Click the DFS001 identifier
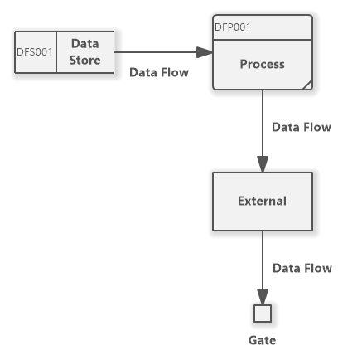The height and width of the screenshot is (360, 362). [x=35, y=52]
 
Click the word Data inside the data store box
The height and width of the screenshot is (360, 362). [x=84, y=44]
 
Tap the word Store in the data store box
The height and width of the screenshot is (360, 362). [x=84, y=61]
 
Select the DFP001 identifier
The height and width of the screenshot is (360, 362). [x=233, y=27]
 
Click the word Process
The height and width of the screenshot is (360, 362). [x=262, y=64]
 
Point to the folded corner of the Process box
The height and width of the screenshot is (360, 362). [x=307, y=84]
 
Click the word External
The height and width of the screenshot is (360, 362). [x=262, y=201]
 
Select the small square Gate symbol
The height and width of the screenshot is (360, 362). [x=263, y=314]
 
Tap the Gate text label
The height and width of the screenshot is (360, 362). [x=262, y=340]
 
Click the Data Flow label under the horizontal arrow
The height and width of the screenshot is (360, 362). [x=159, y=72]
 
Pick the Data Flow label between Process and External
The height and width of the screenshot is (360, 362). [x=302, y=127]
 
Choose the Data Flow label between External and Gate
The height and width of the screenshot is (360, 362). [x=302, y=268]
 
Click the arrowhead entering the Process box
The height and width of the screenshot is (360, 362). [x=205, y=53]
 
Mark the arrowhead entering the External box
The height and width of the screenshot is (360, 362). [x=263, y=164]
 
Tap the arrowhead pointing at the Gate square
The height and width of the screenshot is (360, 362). [x=263, y=298]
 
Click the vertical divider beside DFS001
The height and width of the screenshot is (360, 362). [x=56, y=52]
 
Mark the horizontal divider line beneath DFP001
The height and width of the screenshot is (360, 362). [x=262, y=39]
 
